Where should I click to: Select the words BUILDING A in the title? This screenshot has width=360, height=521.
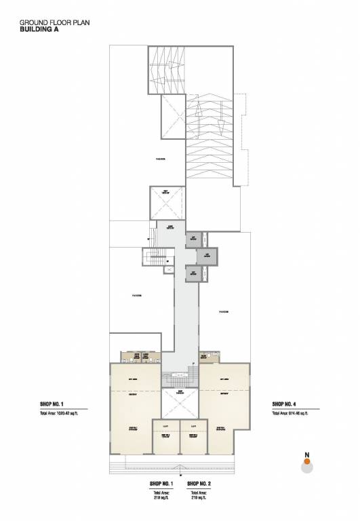(x=39, y=30)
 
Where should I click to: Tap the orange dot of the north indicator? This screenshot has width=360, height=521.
(x=306, y=461)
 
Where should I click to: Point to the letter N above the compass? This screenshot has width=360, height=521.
(x=306, y=454)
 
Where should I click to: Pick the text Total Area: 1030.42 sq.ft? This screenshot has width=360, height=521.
(x=64, y=412)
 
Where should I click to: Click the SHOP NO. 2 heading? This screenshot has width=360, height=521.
(x=199, y=484)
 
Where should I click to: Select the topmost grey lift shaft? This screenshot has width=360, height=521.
(x=194, y=238)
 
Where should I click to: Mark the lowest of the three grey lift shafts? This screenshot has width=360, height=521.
(x=194, y=273)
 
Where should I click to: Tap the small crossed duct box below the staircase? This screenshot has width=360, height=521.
(x=167, y=270)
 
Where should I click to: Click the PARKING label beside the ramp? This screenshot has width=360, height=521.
(x=161, y=159)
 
